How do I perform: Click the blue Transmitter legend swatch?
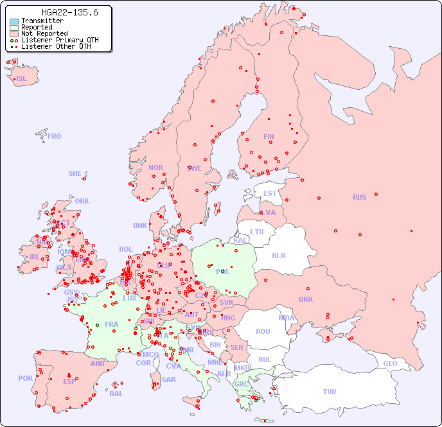(14, 21)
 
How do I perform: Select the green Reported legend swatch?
(14, 28)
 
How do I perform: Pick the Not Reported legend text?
(44, 34)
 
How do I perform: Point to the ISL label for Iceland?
(22, 79)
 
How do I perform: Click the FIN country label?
(269, 137)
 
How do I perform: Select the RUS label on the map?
(359, 197)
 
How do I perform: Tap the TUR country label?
(330, 392)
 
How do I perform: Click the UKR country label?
(306, 299)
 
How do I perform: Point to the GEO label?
(390, 363)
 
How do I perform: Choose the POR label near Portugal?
(25, 378)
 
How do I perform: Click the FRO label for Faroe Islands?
(55, 136)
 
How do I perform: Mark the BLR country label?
(278, 255)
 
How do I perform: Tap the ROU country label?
(263, 332)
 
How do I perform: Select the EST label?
(270, 193)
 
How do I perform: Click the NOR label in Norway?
(155, 168)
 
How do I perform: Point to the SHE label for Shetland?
(75, 173)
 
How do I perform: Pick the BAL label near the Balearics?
(116, 394)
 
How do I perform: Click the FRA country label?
(112, 324)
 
